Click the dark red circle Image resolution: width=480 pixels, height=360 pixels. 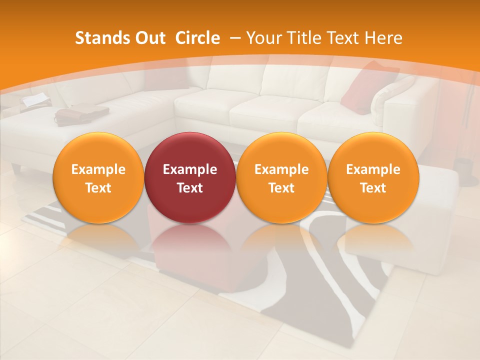(x=190, y=177)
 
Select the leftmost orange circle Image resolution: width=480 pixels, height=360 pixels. (x=98, y=177)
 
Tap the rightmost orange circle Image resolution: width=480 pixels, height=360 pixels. (x=373, y=177)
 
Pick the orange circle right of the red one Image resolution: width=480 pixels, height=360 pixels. (x=281, y=177)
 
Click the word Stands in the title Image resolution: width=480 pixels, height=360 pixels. (x=101, y=38)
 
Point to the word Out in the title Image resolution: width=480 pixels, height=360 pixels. (x=149, y=38)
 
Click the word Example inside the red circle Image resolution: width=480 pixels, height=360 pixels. (x=190, y=169)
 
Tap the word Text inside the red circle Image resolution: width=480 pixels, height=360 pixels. (x=190, y=188)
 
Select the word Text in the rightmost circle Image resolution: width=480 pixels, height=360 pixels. (x=373, y=188)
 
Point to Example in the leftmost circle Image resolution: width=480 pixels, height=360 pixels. (x=98, y=169)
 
